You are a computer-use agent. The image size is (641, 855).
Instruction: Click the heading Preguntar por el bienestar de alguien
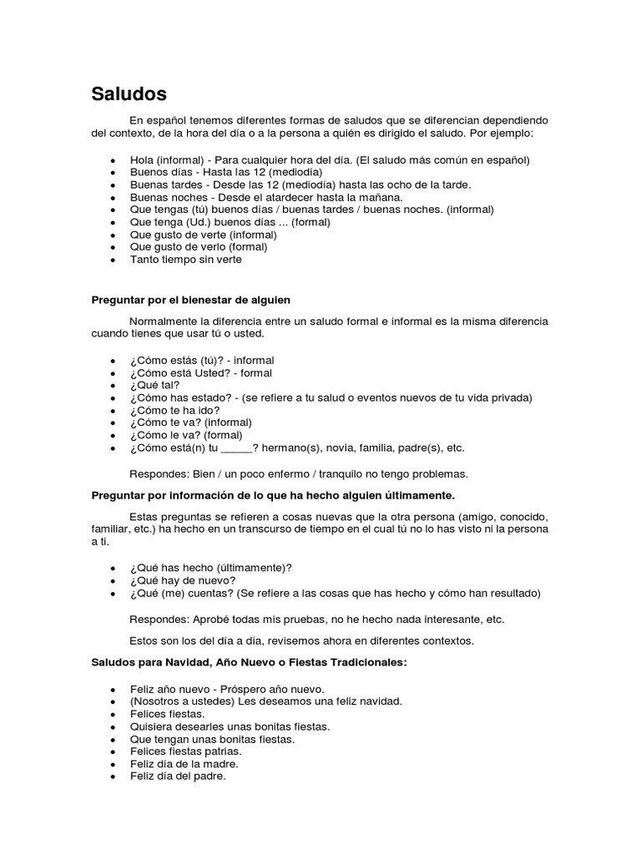[190, 299]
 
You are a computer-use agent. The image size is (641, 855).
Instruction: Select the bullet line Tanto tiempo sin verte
[185, 260]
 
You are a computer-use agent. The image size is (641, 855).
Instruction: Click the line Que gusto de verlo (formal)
[199, 247]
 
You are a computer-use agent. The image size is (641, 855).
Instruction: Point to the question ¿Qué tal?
[154, 385]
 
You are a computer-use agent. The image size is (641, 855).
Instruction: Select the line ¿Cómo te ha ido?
[174, 410]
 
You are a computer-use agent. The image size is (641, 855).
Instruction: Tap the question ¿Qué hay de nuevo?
[183, 580]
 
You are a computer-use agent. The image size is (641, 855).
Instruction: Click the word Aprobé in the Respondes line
[214, 620]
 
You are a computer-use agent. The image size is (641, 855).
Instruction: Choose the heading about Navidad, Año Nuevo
[249, 662]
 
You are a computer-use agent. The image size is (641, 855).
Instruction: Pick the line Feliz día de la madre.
[184, 764]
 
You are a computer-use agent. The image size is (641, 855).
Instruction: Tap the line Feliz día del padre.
[178, 777]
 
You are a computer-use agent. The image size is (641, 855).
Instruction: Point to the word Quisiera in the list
[151, 726]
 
